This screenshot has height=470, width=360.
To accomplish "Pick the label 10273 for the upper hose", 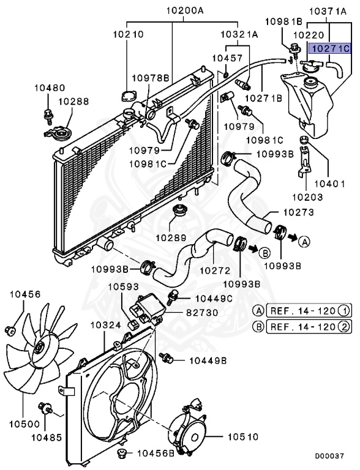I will [x=298, y=212].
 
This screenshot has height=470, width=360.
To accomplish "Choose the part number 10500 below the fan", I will [x=23, y=423].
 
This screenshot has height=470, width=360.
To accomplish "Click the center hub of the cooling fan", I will [x=40, y=348].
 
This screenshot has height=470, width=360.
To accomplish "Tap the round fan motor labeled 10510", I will [x=189, y=432].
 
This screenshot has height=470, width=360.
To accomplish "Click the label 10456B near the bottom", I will [x=155, y=453].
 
